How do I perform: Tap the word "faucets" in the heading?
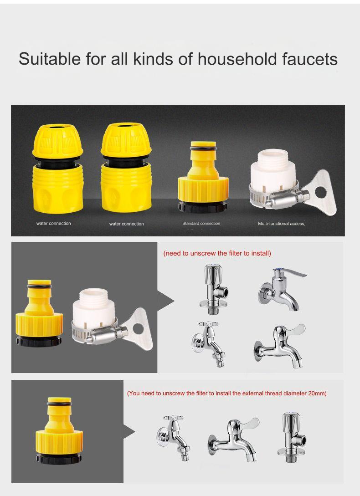pyautogui.click(x=308, y=59)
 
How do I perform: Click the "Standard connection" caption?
pyautogui.click(x=201, y=224)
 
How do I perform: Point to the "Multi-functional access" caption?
pyautogui.click(x=281, y=224)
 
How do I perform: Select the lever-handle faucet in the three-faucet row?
pyautogui.click(x=233, y=437)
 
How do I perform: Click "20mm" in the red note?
pyautogui.click(x=317, y=393)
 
